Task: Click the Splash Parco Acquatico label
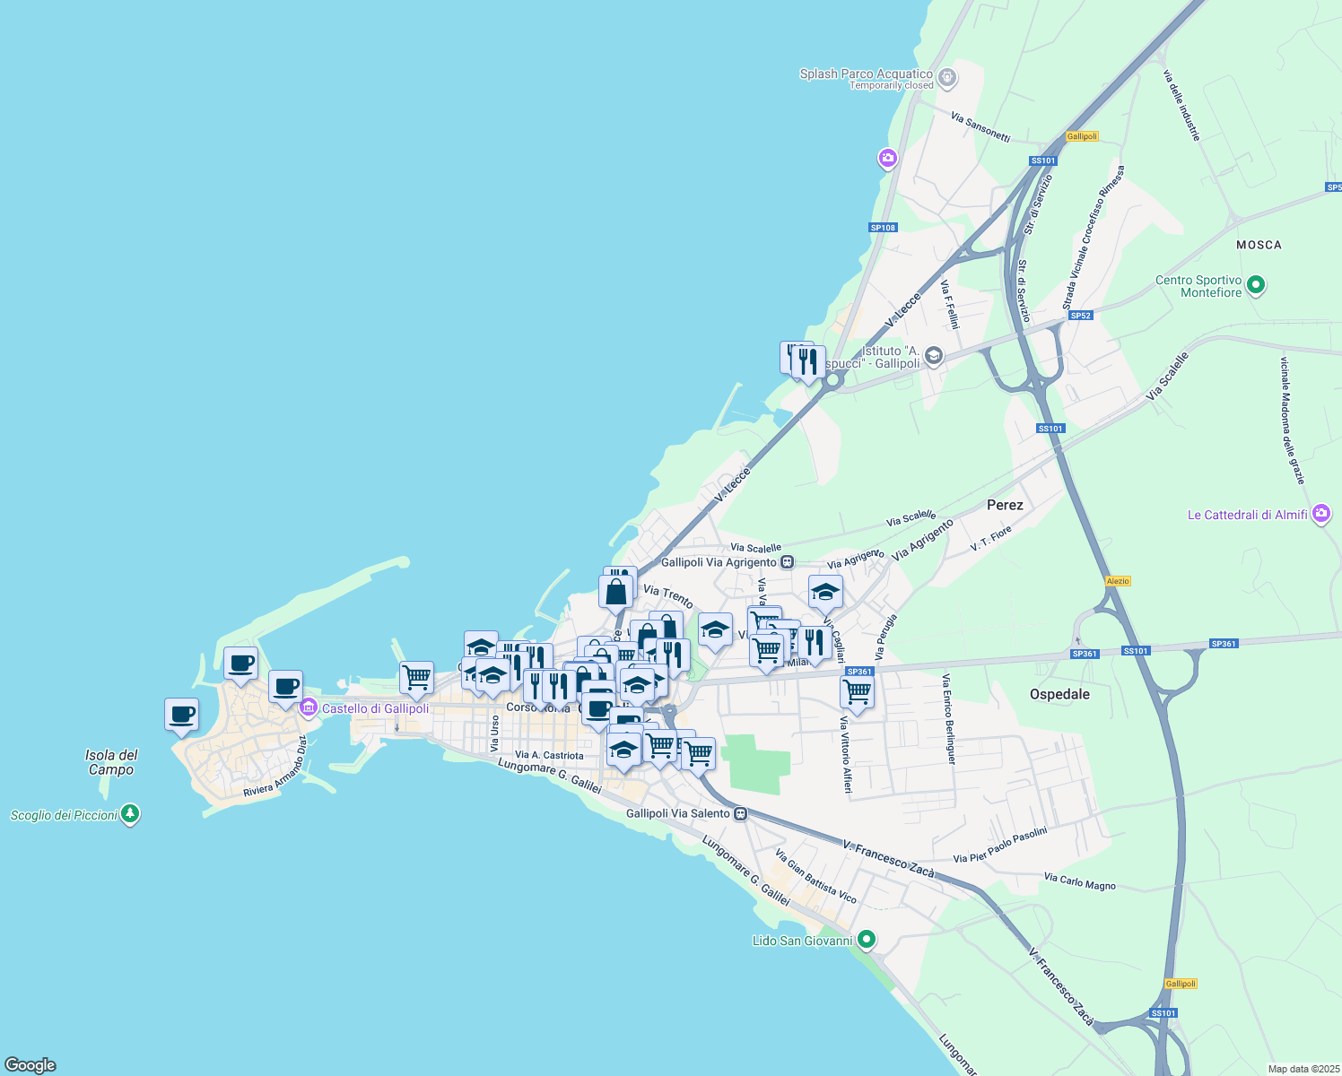tap(866, 74)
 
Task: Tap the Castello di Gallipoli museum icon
tap(309, 707)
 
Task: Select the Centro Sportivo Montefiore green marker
tap(1256, 286)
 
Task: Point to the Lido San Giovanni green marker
tap(866, 940)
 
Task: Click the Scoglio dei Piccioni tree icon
tap(130, 814)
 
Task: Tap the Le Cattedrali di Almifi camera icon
tap(1320, 514)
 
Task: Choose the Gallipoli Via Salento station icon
tap(740, 813)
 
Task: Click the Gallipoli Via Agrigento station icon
tap(787, 562)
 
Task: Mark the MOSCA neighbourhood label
tap(1259, 245)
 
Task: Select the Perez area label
tap(1005, 505)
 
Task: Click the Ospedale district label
tap(1059, 694)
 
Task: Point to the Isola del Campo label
tap(111, 762)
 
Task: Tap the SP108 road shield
tap(883, 228)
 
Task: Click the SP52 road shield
tap(1081, 316)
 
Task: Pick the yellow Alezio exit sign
tap(1118, 581)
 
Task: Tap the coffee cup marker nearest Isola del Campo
tap(181, 715)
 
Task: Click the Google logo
tap(30, 1065)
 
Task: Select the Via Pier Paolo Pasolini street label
tap(999, 846)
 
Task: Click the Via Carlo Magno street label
tap(1080, 881)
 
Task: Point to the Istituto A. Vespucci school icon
tap(933, 356)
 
